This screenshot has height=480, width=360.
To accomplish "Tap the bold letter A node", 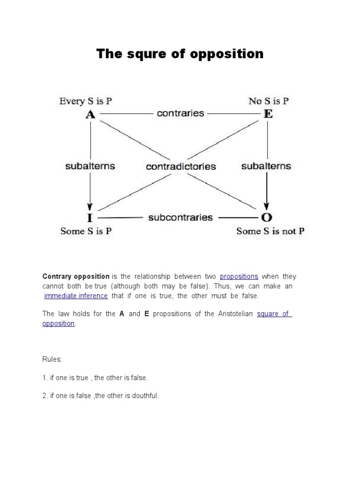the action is click(x=90, y=114).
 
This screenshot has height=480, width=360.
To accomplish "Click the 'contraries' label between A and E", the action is click(x=180, y=113).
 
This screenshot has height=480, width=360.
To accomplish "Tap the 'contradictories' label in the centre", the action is click(x=180, y=166).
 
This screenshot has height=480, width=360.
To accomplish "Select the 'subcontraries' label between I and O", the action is click(x=180, y=217).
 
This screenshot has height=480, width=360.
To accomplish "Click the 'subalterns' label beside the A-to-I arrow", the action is click(x=90, y=166).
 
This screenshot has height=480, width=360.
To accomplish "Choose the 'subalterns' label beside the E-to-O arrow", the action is click(x=266, y=166).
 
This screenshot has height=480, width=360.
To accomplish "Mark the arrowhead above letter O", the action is click(x=267, y=207).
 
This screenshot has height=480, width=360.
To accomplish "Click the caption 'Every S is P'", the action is click(x=86, y=101).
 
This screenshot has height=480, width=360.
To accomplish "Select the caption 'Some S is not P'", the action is click(x=270, y=231).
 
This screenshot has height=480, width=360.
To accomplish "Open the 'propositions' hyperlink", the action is click(x=239, y=277).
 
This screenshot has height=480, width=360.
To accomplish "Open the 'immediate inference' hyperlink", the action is click(x=76, y=296).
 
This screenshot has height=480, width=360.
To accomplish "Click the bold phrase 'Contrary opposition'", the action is click(x=76, y=277).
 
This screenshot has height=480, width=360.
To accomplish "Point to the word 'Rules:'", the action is click(x=52, y=359).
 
